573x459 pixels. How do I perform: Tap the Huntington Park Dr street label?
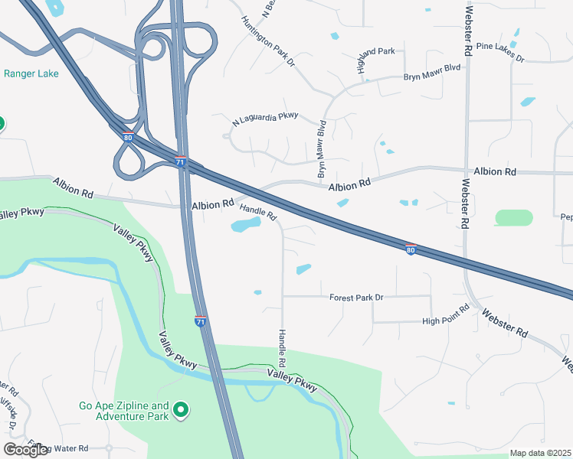(268, 41)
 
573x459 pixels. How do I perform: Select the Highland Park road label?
(375, 51)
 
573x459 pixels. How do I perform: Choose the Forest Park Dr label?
(356, 297)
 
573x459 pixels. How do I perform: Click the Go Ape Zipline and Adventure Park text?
(124, 411)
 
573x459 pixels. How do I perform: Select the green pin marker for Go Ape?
(181, 411)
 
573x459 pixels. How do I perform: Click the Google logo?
(25, 450)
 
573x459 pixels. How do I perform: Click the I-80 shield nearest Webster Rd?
(411, 249)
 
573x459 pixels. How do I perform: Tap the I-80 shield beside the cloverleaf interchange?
(127, 138)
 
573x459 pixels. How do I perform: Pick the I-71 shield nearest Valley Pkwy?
(201, 322)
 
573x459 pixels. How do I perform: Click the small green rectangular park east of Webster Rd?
(513, 217)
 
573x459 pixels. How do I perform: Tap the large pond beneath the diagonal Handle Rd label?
(244, 225)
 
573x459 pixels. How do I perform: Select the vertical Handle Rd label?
(282, 346)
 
